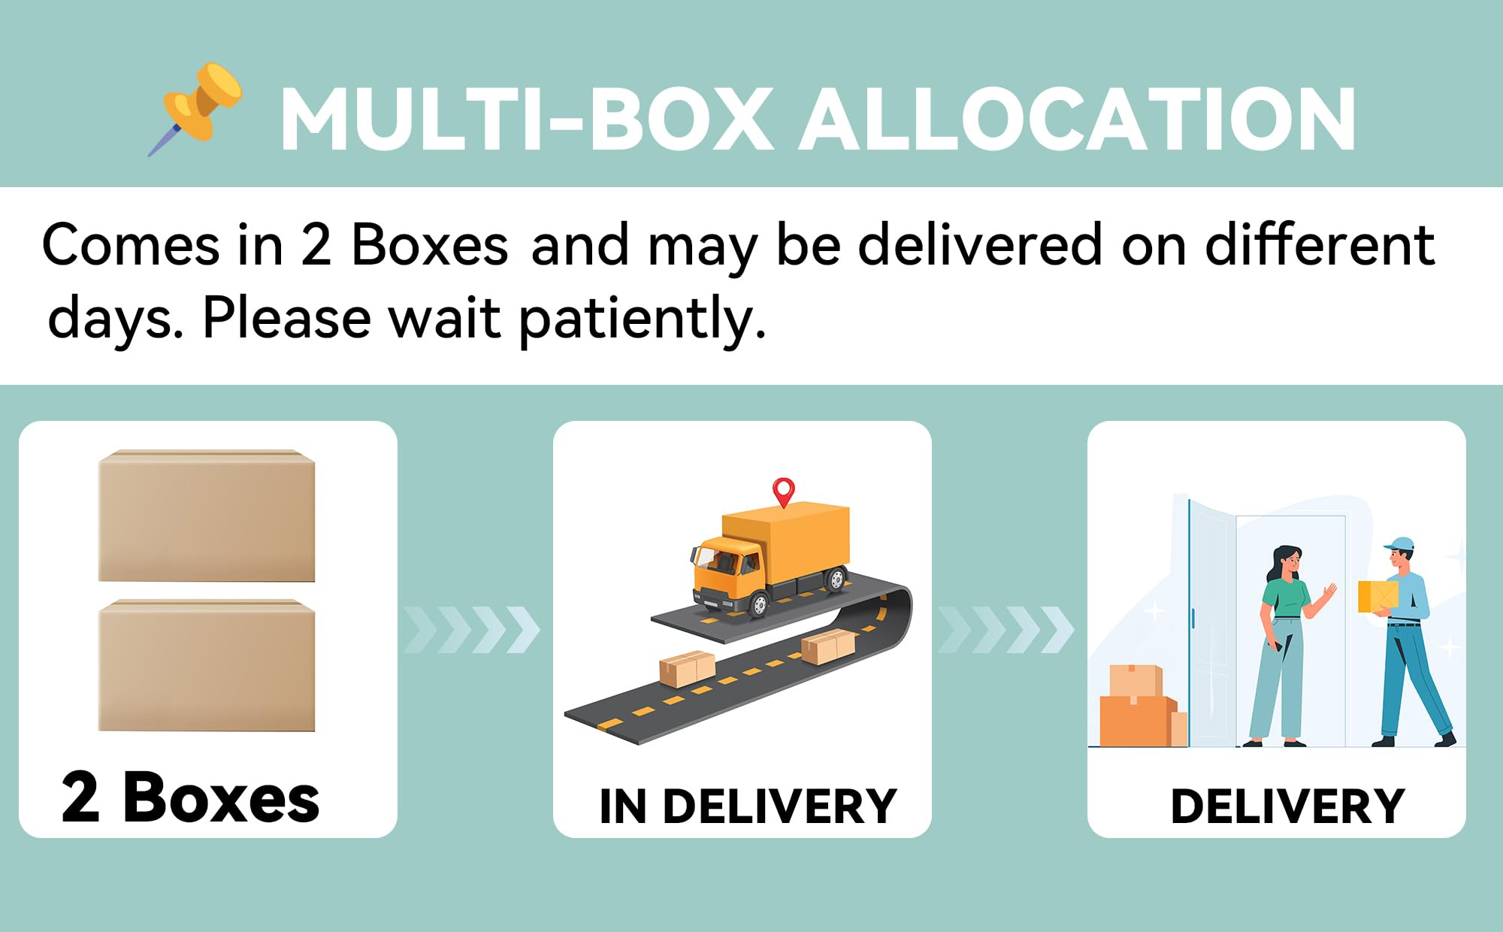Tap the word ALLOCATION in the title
pos(1077,120)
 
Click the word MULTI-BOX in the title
pos(527,120)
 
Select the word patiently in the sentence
pos(643,319)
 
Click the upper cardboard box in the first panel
pos(207,516)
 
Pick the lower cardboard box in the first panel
pos(207,665)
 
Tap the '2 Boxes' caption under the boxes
pos(190,797)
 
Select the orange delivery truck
pos(771,558)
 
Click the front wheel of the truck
pos(759,604)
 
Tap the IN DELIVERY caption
pos(748,806)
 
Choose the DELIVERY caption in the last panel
pos(1287,806)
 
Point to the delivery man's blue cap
pos(1399,545)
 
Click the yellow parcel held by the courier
pos(1377,596)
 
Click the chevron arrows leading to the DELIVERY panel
pos(1006,629)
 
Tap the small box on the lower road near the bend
pos(827,646)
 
